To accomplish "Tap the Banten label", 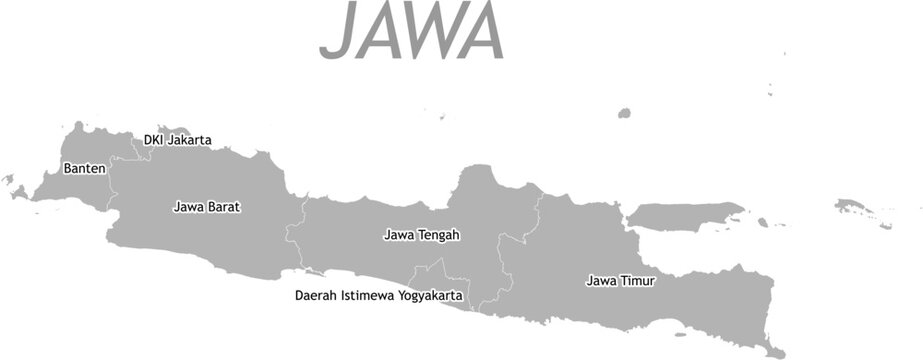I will click(84, 168).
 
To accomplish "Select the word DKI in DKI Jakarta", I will click(153, 140).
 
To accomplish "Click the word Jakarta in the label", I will click(189, 141).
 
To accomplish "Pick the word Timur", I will click(638, 282).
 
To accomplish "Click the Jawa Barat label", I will click(207, 208).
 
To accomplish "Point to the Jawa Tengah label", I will click(421, 236).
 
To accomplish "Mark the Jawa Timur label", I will click(620, 282).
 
